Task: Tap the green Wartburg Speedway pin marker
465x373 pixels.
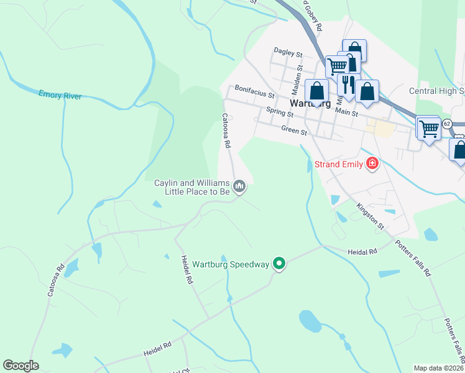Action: [x=279, y=264]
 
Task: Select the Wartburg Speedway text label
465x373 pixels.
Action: [x=230, y=265]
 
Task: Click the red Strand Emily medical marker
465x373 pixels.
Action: [x=372, y=164]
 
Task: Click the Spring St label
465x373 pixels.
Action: [x=279, y=113]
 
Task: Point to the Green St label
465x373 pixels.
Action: [x=294, y=131]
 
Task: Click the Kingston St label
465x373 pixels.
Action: [x=371, y=215]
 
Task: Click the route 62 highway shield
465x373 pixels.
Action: [x=447, y=124]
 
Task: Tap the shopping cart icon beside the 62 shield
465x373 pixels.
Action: [x=428, y=129]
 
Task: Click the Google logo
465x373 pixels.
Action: [x=21, y=366]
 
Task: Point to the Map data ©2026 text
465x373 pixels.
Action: [x=438, y=368]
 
